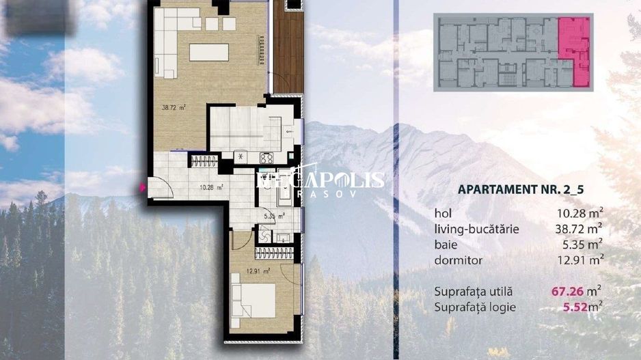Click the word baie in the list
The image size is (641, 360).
(446, 245)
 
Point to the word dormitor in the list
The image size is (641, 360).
(458, 260)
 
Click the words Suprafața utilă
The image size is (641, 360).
(473, 292)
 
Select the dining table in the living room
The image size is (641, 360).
(208, 52)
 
